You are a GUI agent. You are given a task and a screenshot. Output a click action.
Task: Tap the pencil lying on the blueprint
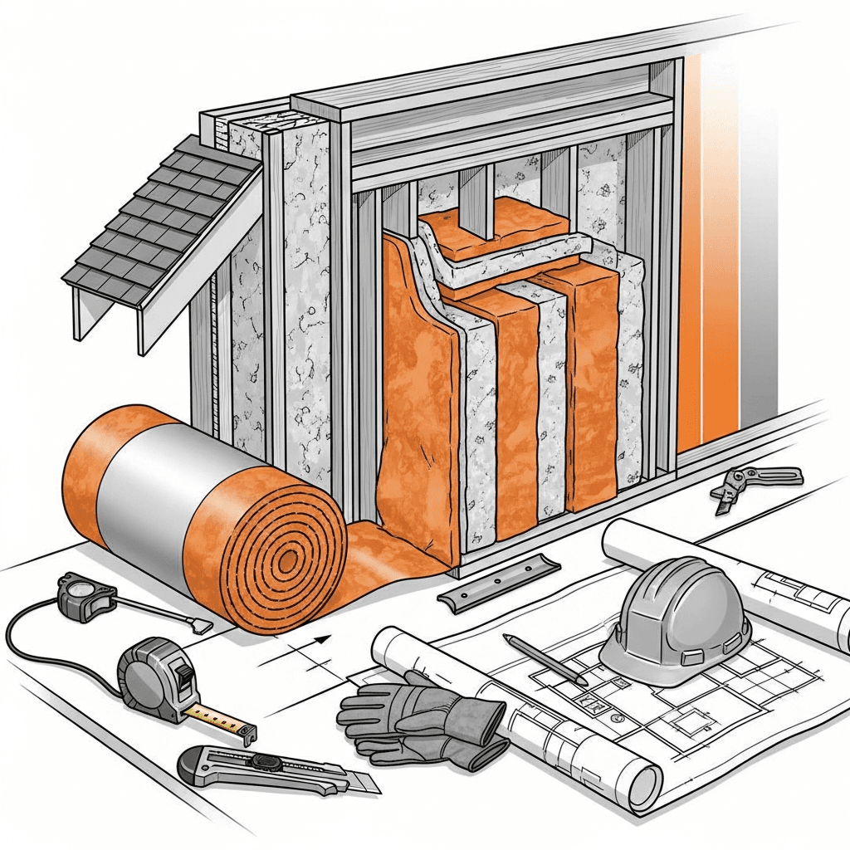coord(544,659)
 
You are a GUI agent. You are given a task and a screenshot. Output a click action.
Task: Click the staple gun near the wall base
coord(755,481)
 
